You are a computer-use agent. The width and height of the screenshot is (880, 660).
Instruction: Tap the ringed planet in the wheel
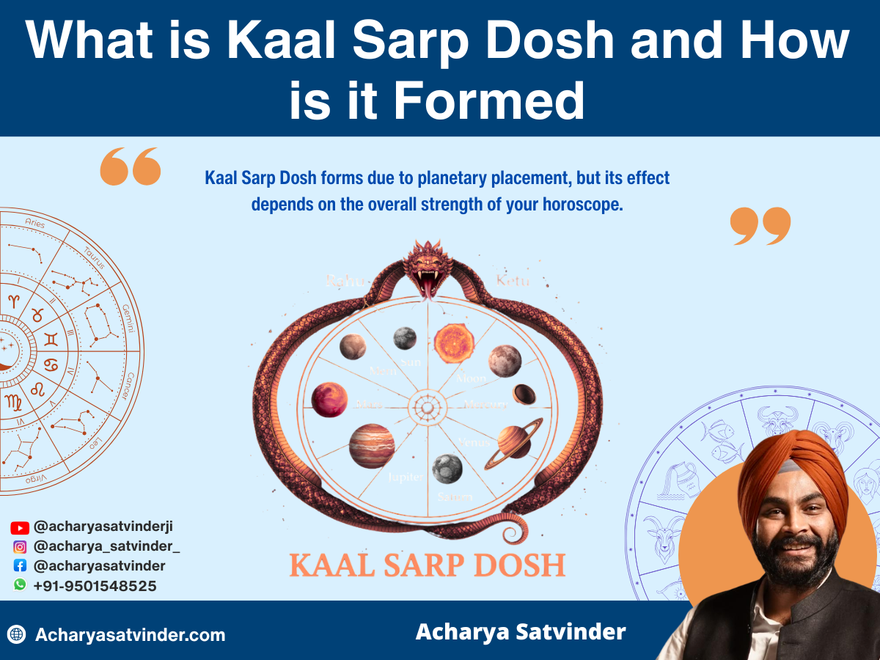513,441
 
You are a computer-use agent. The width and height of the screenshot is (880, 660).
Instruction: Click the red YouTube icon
20,527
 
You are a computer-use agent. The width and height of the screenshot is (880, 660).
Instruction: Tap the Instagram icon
20,546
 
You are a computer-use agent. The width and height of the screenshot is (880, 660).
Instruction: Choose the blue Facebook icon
20,566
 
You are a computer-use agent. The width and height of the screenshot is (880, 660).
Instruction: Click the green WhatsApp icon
20,585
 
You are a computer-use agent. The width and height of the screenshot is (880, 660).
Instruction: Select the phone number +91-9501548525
95,586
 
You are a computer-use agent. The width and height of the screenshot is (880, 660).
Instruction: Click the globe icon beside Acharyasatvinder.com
16,635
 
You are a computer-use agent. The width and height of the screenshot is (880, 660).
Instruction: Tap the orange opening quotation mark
130,166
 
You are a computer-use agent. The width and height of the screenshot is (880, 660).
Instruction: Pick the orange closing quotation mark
760,226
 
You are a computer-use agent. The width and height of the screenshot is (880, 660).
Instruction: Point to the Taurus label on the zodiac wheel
95,257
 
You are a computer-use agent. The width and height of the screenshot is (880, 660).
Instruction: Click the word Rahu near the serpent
342,280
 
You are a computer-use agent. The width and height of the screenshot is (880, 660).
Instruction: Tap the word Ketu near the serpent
513,280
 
